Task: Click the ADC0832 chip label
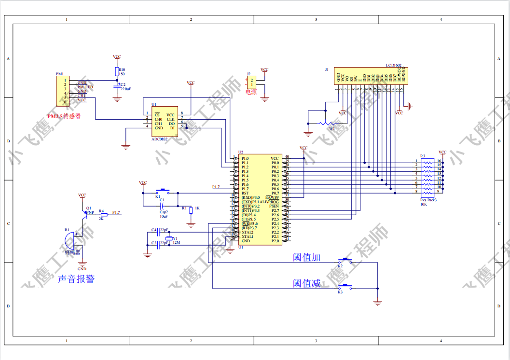(x=159, y=139)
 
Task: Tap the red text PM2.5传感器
(x=64, y=116)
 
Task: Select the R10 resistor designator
(x=122, y=69)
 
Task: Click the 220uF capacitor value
(x=125, y=89)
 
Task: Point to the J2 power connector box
(x=251, y=82)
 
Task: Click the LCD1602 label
(x=394, y=65)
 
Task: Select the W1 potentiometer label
(x=331, y=128)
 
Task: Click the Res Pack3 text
(x=428, y=199)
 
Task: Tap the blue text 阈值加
(x=307, y=257)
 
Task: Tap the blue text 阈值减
(x=307, y=283)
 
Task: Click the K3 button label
(x=340, y=292)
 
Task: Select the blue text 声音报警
(x=76, y=278)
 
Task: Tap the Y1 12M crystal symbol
(x=168, y=239)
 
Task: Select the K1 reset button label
(x=157, y=197)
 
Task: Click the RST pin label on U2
(x=245, y=193)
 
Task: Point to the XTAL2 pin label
(x=247, y=232)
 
